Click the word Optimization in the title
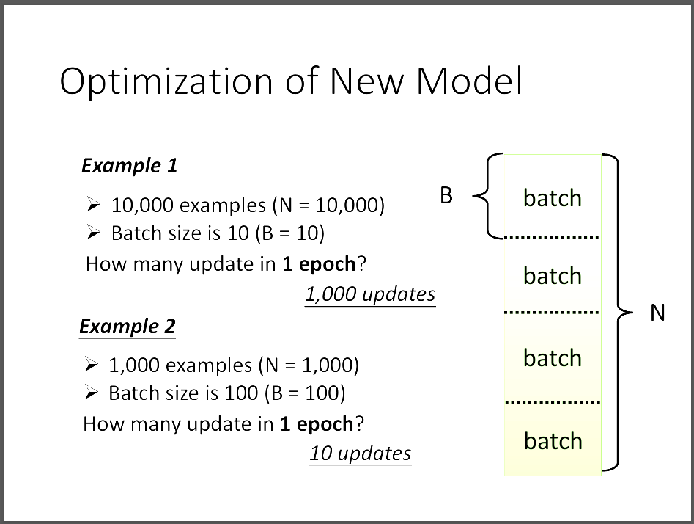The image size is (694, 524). (x=166, y=82)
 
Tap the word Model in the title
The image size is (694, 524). (x=470, y=81)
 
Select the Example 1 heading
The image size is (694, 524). (x=129, y=166)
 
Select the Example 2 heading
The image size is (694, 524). (x=128, y=327)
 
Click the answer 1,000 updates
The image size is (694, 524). (x=371, y=294)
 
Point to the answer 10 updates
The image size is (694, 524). (x=361, y=453)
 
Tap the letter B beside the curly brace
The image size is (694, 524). (x=446, y=195)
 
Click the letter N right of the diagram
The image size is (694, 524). (x=657, y=313)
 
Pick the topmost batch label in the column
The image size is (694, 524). (x=553, y=197)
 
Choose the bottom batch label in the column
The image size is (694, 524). (x=553, y=440)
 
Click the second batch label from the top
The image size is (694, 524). (x=553, y=276)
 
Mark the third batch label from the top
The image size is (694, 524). (x=553, y=357)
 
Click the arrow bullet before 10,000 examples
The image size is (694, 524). (x=93, y=204)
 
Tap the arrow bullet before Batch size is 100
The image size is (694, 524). (x=91, y=393)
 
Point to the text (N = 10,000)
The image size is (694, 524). (x=328, y=205)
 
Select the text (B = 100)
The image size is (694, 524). (x=305, y=393)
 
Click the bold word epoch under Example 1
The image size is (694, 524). (x=327, y=265)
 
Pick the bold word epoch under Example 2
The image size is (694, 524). (x=325, y=425)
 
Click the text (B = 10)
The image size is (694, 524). (x=290, y=233)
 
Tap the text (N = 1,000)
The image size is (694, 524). (x=309, y=365)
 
